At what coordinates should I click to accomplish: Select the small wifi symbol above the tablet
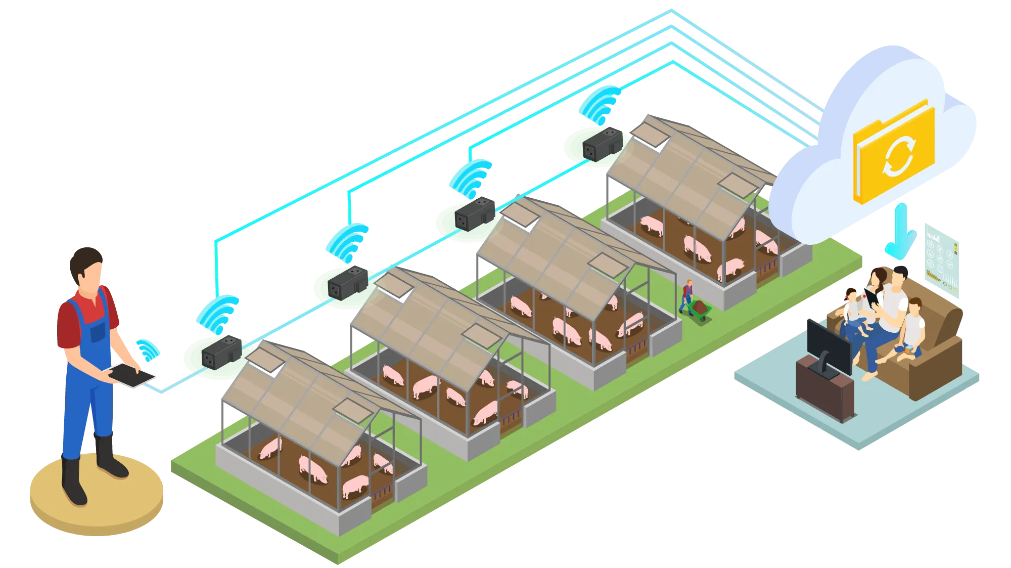(147, 349)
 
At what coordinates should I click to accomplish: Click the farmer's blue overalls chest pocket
(98, 331)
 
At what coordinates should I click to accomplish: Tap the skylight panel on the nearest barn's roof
(354, 410)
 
